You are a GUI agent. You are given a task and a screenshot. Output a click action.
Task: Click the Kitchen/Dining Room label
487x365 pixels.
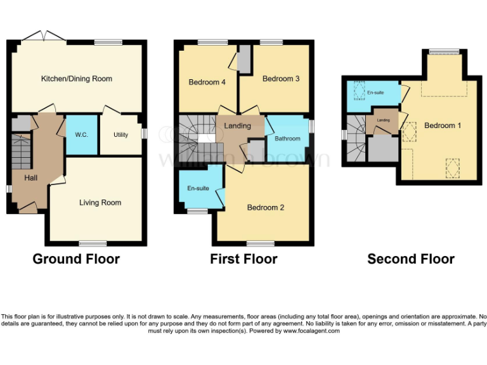(76, 79)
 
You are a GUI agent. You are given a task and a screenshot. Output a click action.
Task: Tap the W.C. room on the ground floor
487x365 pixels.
(81, 134)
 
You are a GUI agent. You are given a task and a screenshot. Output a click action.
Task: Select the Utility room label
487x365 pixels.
(120, 135)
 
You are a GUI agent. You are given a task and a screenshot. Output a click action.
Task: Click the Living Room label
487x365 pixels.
(100, 203)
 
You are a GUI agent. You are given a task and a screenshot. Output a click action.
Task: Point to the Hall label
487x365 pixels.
(30, 178)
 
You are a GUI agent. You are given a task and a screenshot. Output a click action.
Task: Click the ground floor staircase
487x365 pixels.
(21, 152)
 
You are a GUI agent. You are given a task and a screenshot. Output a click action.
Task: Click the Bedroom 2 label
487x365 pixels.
(266, 207)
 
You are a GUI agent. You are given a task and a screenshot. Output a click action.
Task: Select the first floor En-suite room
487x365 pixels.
(198, 189)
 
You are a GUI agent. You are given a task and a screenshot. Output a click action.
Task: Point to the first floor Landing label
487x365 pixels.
(238, 125)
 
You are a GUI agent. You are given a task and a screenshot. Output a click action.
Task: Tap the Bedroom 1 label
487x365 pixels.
(443, 125)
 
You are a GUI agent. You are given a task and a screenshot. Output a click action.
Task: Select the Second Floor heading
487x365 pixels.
(410, 259)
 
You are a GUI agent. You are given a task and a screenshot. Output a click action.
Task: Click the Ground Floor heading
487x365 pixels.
(75, 259)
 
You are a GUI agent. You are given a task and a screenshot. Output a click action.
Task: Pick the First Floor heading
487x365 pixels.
(243, 259)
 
